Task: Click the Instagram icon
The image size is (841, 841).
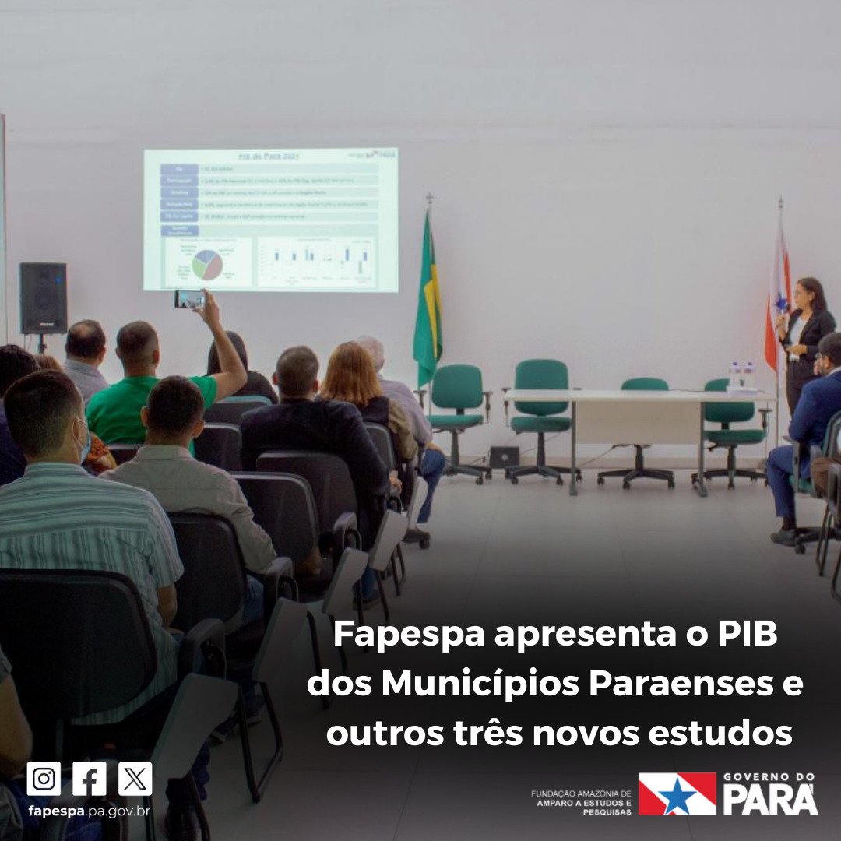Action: pos(44,778)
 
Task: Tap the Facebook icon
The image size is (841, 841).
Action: pos(90,778)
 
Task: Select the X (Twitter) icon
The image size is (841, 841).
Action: pos(135,778)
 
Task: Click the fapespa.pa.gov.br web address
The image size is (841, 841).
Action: pos(89,811)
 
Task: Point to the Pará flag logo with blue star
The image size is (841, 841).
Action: pos(677,793)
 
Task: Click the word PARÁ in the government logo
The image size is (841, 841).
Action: pos(770,800)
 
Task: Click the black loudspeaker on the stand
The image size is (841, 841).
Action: pos(43,297)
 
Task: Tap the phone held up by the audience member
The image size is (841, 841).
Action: pos(189,299)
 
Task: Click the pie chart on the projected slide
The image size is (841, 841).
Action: pos(207,265)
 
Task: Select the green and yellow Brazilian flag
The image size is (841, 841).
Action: pos(428,304)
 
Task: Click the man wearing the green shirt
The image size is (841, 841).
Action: pos(148,389)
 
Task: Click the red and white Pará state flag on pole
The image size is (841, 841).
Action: pos(777,304)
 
